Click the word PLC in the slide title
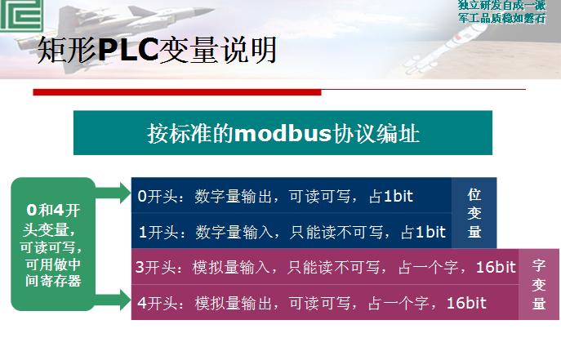(127, 49)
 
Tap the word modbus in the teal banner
(283, 133)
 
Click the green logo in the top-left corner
(21, 15)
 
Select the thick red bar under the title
(177, 92)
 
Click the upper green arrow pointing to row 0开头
(113, 193)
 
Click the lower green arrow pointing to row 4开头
(113, 300)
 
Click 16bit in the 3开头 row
(496, 267)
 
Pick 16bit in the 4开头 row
(466, 303)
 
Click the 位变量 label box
(474, 213)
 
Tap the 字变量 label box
(539, 284)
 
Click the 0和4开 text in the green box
(53, 211)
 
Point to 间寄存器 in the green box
(53, 281)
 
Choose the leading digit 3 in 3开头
(139, 268)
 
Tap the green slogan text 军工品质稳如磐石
(502, 17)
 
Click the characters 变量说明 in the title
(218, 49)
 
